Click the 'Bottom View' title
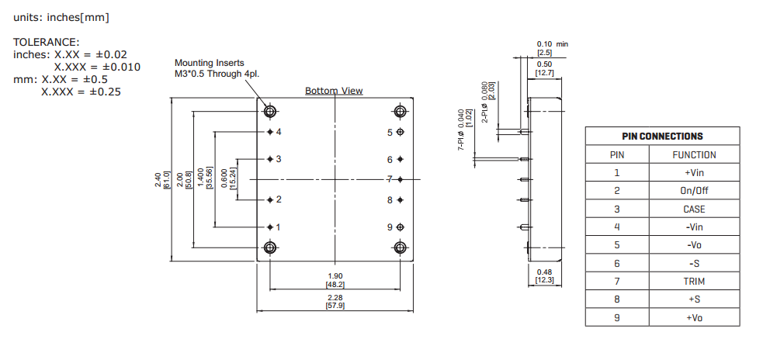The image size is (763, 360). [334, 91]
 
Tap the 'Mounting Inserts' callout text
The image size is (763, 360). [210, 63]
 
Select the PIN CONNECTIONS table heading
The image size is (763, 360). [662, 136]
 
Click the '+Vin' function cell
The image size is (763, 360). [693, 173]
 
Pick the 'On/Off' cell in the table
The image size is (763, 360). [693, 191]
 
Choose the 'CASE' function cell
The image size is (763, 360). [693, 209]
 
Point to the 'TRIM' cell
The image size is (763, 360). [693, 282]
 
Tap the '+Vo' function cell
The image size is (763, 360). [693, 318]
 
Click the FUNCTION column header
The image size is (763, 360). [693, 154]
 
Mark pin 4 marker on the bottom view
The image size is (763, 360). [270, 132]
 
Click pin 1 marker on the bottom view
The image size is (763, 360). [270, 227]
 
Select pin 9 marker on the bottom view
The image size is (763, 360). [400, 227]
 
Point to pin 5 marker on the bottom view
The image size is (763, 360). [400, 132]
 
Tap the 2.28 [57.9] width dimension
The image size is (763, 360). [335, 302]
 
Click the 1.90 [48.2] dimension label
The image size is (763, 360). [335, 280]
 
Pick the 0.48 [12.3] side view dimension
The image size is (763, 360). [545, 275]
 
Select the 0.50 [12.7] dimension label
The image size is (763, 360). [544, 68]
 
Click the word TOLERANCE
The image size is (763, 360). [46, 42]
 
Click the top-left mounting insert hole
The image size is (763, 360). [270, 112]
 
